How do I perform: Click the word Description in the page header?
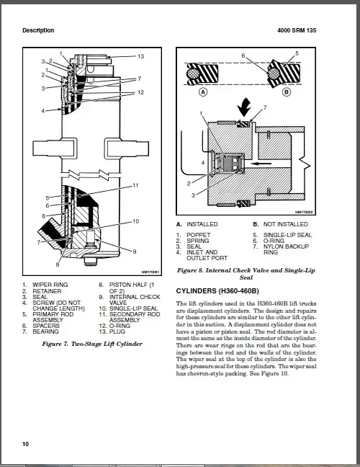(x=38, y=30)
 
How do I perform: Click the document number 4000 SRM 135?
(x=317, y=30)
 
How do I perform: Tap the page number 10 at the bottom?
(x=26, y=443)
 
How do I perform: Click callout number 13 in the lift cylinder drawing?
(x=140, y=56)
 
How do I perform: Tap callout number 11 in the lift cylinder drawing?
(x=135, y=186)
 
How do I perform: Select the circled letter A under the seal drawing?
(x=204, y=93)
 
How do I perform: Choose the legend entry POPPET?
(x=198, y=235)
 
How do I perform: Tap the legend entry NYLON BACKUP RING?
(x=282, y=249)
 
